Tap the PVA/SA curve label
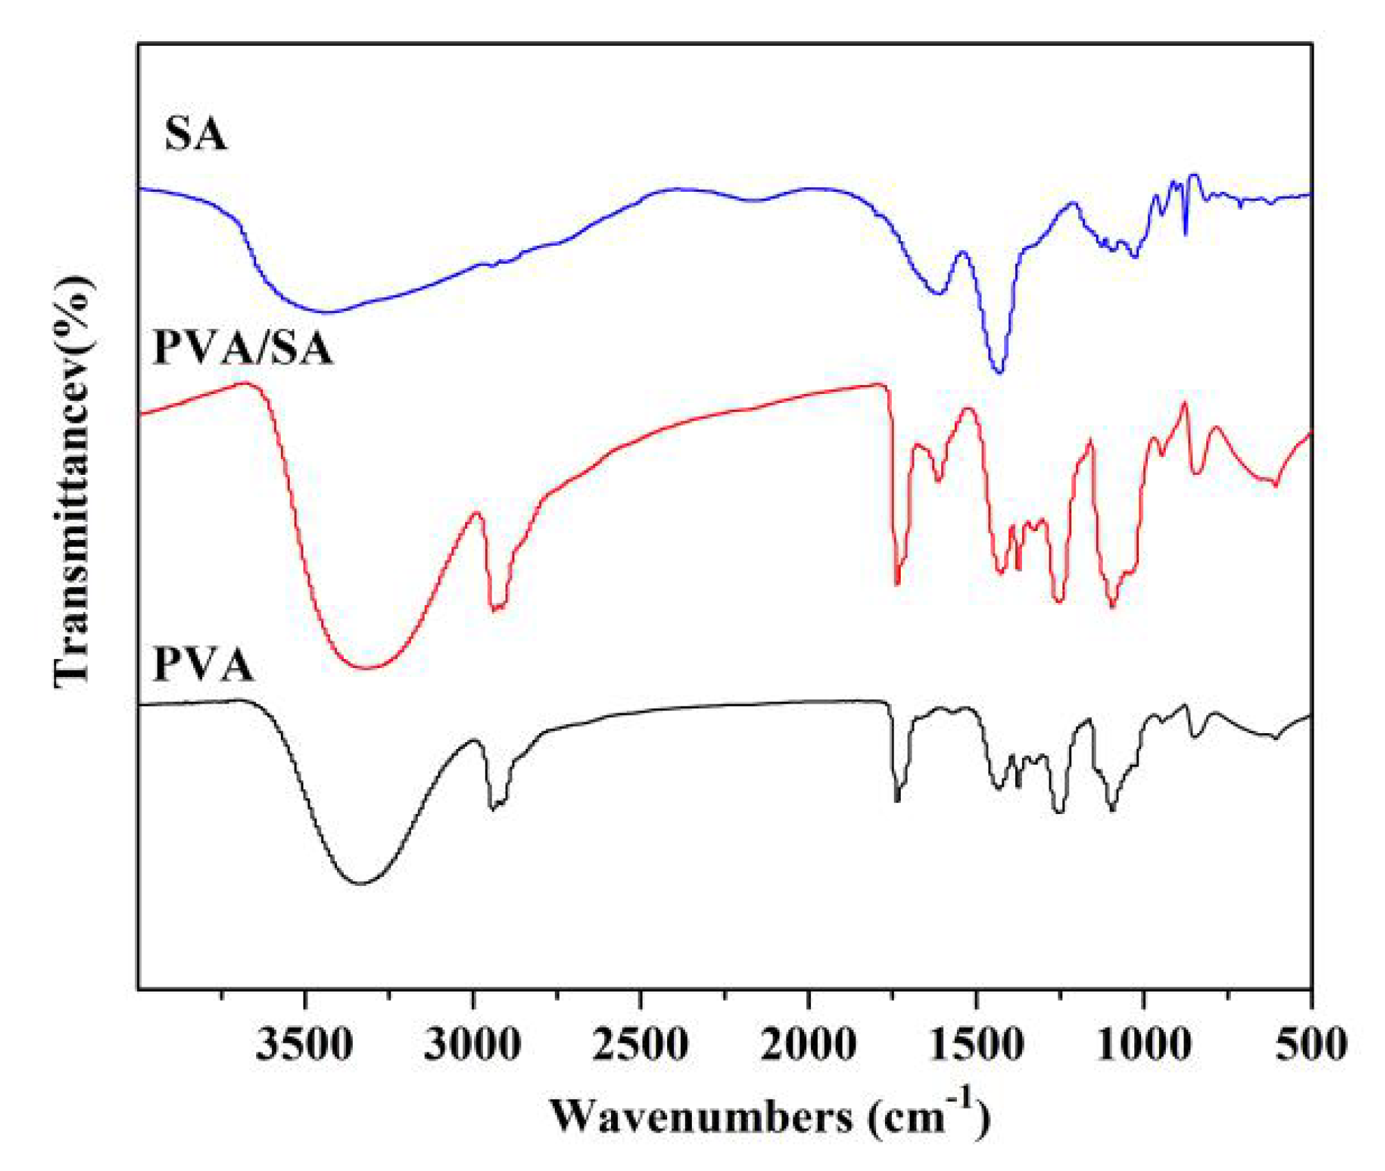[x=243, y=348]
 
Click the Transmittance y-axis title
[x=73, y=480]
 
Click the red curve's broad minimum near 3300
[x=367, y=667]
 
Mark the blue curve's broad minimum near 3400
[x=329, y=312]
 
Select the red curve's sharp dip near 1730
[x=897, y=584]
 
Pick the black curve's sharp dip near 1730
[x=897, y=800]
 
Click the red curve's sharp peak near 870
[x=1185, y=403]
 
